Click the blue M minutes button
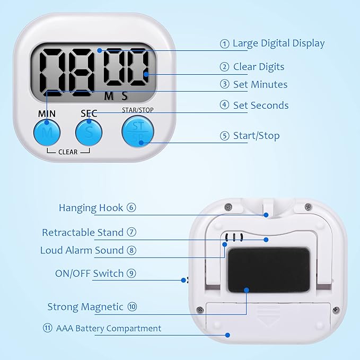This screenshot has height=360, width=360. [x=47, y=132]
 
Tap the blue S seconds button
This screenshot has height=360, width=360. [x=89, y=132]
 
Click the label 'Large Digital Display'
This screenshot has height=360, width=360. [x=278, y=43]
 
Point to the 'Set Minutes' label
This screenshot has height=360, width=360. [x=260, y=84]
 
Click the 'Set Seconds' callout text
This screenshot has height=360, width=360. [x=261, y=106]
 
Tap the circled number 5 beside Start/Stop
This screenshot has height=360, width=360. [x=225, y=136]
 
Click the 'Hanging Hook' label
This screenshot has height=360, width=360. [x=91, y=208]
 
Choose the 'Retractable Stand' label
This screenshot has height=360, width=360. [x=83, y=232]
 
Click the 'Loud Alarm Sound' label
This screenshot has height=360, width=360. [x=82, y=250]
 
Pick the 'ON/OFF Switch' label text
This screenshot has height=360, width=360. [x=89, y=274]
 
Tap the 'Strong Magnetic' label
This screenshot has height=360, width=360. [x=85, y=306]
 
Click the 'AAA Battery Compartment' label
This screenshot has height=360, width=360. [x=109, y=328]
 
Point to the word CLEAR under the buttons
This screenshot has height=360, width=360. [x=68, y=152]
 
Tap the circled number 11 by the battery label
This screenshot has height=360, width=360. [x=48, y=328]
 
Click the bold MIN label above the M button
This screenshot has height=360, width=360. [x=47, y=113]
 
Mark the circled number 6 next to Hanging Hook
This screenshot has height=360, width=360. [x=131, y=208]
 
